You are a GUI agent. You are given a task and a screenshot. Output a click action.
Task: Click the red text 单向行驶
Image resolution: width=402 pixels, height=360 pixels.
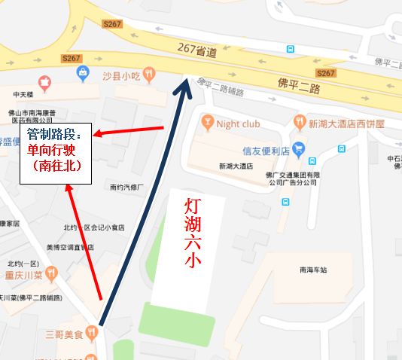point(53,149)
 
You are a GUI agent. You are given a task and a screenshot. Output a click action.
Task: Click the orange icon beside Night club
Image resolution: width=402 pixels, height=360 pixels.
point(207,121)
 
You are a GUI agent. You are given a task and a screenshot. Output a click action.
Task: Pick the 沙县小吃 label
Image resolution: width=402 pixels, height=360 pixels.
point(122,75)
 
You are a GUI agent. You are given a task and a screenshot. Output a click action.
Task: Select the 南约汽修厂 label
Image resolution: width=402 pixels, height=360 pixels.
point(125,188)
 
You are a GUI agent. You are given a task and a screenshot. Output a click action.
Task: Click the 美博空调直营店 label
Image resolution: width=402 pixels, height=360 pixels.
point(69,247)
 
